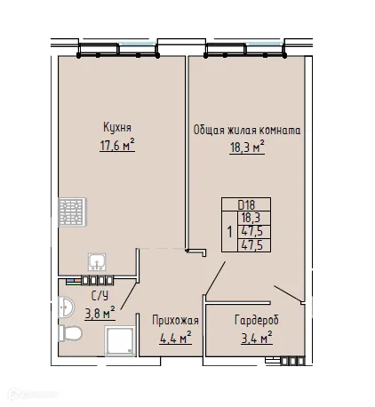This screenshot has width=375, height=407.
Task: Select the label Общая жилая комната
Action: coord(247,130)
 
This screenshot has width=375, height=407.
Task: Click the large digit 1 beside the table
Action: coord(230,232)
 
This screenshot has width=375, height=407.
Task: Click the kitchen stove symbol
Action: coord(69,213)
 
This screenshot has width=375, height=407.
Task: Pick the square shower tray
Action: coord(119,341)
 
